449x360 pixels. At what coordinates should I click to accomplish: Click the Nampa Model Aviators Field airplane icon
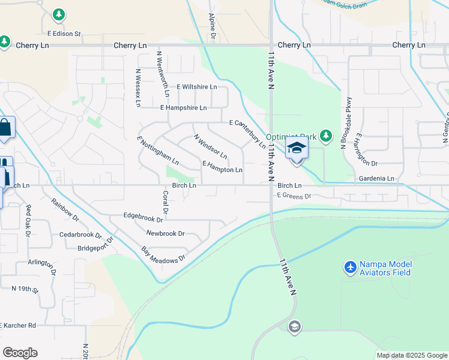click(350, 265)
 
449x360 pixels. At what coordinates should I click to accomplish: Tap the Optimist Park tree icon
click(325, 136)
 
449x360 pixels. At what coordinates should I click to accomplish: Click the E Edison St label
click(64, 34)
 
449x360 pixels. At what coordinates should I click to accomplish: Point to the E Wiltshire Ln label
click(196, 86)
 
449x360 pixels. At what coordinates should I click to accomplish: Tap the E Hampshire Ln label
click(183, 107)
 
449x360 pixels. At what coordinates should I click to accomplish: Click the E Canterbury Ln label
click(247, 133)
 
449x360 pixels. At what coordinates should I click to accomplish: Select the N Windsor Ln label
click(210, 146)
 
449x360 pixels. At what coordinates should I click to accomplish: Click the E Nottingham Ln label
click(158, 151)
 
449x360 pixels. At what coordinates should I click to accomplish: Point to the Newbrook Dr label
click(165, 233)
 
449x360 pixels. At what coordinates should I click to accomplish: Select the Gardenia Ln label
click(376, 179)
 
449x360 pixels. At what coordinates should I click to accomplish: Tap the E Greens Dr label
click(294, 196)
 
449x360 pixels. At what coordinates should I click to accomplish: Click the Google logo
click(20, 352)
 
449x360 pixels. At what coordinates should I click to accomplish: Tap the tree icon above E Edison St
click(58, 13)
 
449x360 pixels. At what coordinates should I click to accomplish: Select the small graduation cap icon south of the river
click(294, 326)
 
